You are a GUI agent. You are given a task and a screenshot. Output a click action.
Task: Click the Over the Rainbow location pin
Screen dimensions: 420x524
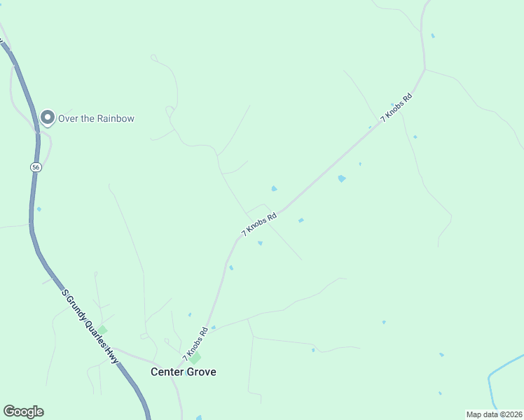click(x=47, y=118)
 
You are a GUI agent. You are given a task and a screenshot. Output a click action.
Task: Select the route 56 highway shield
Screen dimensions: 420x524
click(x=35, y=167)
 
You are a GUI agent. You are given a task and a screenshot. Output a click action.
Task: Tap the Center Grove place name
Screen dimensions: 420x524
click(x=184, y=372)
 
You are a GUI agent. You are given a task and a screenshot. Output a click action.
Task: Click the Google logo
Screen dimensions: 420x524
click(x=23, y=412)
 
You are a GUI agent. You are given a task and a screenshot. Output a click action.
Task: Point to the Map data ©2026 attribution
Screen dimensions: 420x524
click(x=495, y=414)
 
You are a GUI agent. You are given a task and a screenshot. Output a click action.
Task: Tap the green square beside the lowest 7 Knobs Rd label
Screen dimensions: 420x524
click(x=195, y=358)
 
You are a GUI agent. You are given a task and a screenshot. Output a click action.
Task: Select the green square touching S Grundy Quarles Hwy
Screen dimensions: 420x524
click(x=102, y=330)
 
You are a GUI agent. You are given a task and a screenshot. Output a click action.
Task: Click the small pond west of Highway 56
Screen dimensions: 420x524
click(x=39, y=209)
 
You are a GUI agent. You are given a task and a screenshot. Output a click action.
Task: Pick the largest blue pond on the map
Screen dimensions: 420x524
click(x=341, y=178)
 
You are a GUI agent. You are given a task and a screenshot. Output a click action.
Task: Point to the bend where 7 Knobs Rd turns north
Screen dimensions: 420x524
click(x=423, y=70)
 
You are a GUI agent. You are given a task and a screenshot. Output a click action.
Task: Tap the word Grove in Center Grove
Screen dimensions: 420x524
click(x=201, y=372)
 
